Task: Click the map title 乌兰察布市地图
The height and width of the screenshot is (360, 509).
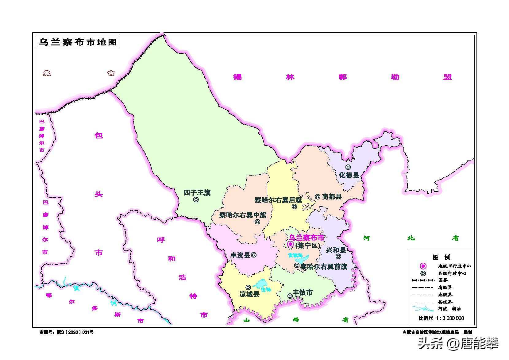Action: coord(77,42)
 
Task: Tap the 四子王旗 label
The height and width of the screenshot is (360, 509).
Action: coord(197,193)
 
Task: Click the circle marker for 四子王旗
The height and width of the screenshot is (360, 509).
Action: coord(196,199)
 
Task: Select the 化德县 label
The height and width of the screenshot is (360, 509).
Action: coord(349,175)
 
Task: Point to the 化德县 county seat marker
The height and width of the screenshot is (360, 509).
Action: coord(348,167)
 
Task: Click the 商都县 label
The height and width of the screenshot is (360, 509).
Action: coord(332,196)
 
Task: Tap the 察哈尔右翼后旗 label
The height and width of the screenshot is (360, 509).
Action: coord(279,200)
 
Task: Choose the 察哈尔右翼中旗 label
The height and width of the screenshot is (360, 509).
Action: coord(243,215)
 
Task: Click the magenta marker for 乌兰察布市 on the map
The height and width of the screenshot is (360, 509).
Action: coord(290,244)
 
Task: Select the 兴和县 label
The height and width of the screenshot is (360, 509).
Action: coord(336,250)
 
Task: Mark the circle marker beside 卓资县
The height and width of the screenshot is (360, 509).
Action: coord(254,255)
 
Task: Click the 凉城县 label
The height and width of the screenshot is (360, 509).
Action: coord(249,294)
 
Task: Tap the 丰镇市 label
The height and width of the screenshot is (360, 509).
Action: coord(303,293)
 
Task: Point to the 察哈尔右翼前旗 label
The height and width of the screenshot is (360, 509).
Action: coord(324,266)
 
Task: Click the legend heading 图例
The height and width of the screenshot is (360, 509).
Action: coord(441,257)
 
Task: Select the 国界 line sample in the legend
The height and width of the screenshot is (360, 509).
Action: coord(423,280)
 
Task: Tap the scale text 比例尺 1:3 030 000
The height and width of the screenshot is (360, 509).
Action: coord(441,318)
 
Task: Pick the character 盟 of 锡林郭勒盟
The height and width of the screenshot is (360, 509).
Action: coord(448,77)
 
